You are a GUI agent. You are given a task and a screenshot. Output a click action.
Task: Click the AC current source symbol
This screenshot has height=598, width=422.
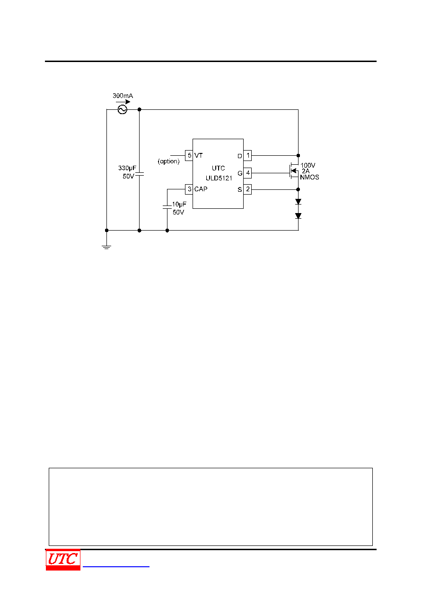pyautogui.click(x=122, y=109)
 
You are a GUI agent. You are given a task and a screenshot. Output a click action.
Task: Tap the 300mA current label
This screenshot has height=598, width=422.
pyautogui.click(x=123, y=96)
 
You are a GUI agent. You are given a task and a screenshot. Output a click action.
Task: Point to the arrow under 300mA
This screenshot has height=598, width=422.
pyautogui.click(x=123, y=102)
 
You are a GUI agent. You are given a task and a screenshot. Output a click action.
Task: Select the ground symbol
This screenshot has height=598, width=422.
pyautogui.click(x=106, y=247)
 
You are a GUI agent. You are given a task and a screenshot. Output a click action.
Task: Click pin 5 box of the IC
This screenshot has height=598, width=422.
pyautogui.click(x=189, y=155)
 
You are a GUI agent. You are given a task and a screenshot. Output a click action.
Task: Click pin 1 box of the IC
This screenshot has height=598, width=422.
pyautogui.click(x=247, y=155)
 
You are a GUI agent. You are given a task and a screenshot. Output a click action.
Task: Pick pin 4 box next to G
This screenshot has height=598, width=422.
pyautogui.click(x=247, y=173)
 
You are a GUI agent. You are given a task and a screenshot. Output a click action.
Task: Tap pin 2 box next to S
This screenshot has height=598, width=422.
pyautogui.click(x=247, y=189)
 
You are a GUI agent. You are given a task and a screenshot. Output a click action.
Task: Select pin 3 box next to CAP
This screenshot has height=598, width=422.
pyautogui.click(x=189, y=189)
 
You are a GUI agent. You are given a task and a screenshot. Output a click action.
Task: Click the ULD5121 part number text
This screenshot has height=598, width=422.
pyautogui.click(x=219, y=178)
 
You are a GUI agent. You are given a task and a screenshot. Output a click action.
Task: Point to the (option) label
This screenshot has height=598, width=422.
pyautogui.click(x=168, y=161)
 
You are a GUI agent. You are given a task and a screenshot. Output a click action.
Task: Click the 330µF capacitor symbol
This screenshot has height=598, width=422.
pyautogui.click(x=139, y=174)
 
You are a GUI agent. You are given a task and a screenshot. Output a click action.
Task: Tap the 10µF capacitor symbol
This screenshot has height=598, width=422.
pyautogui.click(x=167, y=207)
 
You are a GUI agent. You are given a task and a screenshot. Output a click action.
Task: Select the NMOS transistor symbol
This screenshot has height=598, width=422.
pyautogui.click(x=294, y=171)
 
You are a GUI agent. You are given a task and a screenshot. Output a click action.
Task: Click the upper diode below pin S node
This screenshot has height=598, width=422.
pyautogui.click(x=298, y=202)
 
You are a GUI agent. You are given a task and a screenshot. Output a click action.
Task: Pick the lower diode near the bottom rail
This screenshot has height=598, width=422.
pyautogui.click(x=298, y=216)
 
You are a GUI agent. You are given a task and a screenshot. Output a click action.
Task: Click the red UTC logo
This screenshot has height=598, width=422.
pyautogui.click(x=63, y=560)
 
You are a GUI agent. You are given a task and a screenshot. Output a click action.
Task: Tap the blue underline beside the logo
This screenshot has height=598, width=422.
pyautogui.click(x=116, y=566)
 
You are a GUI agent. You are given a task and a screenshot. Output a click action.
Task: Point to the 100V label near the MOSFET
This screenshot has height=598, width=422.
pyautogui.click(x=308, y=165)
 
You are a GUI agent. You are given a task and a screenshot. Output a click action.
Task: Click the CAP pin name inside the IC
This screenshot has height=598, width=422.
pyautogui.click(x=201, y=189)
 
